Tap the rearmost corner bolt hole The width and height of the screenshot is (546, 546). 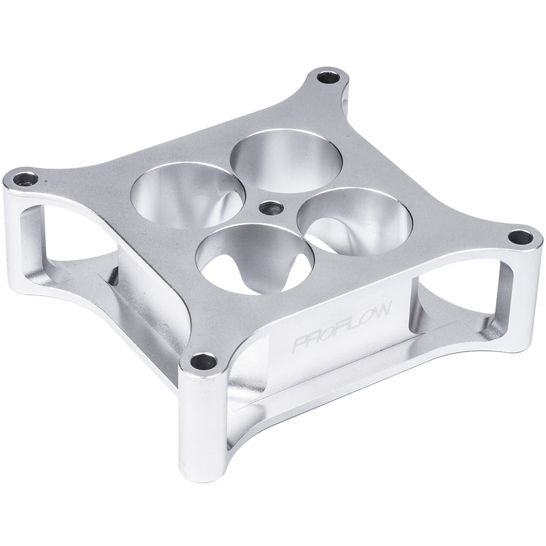[x=330, y=77]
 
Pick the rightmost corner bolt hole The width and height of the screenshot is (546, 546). [x=521, y=238]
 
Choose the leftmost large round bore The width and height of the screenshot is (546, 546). [x=184, y=197]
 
